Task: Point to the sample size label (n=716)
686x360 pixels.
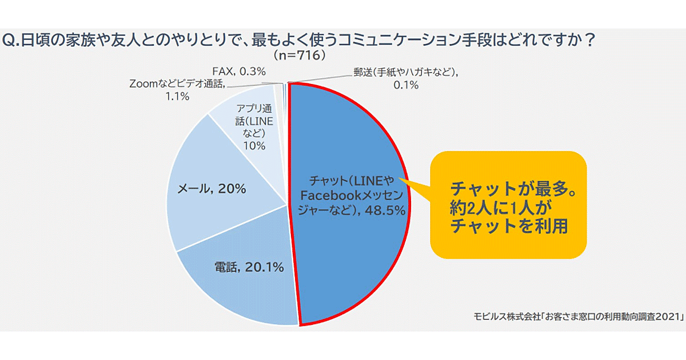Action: coord(300,55)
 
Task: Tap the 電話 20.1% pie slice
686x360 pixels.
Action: coord(240,286)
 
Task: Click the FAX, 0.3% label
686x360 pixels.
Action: coord(240,71)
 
